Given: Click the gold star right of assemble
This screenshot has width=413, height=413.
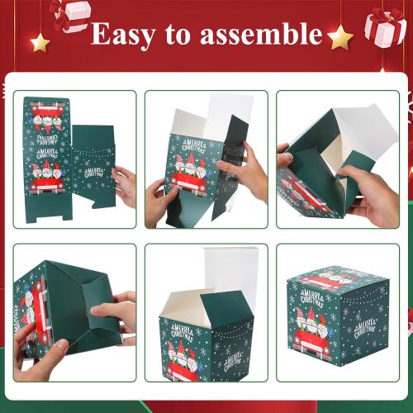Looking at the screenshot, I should point(339,36).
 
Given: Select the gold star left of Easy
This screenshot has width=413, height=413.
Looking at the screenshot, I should point(40,41).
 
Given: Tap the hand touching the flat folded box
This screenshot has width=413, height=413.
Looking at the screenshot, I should point(125,185).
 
